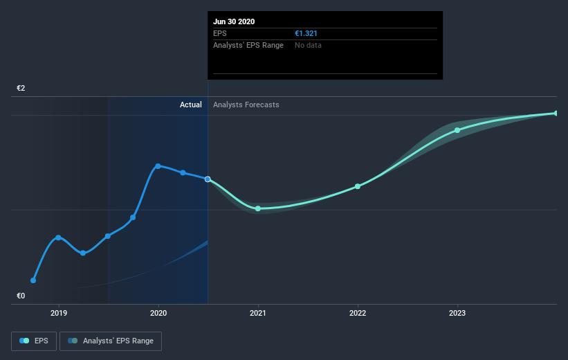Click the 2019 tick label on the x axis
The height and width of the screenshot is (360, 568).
click(x=59, y=313)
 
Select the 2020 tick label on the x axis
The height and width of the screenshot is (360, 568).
click(x=158, y=313)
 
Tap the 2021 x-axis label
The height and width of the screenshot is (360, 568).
click(x=258, y=313)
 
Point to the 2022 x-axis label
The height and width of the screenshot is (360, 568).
click(x=358, y=313)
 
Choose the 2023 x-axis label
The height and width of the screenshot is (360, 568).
click(x=457, y=313)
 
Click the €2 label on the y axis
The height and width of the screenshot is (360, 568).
click(x=21, y=89)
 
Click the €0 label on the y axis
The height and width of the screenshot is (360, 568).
click(x=21, y=296)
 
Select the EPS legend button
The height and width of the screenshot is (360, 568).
click(x=35, y=341)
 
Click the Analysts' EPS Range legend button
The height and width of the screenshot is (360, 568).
click(x=111, y=341)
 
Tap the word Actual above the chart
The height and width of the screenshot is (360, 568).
click(x=190, y=105)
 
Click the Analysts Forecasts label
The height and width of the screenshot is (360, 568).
click(x=246, y=105)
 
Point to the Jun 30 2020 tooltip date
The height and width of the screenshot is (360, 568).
click(x=234, y=21)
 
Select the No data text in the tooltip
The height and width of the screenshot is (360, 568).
click(x=308, y=45)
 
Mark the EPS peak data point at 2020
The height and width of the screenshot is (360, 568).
click(x=158, y=166)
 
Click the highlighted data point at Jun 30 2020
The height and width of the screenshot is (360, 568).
click(x=208, y=179)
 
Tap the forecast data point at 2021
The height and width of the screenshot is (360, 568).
click(x=258, y=208)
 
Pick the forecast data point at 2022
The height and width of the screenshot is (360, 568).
click(x=358, y=186)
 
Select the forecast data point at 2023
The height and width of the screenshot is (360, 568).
click(x=457, y=130)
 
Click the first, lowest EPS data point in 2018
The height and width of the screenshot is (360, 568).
click(x=33, y=280)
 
